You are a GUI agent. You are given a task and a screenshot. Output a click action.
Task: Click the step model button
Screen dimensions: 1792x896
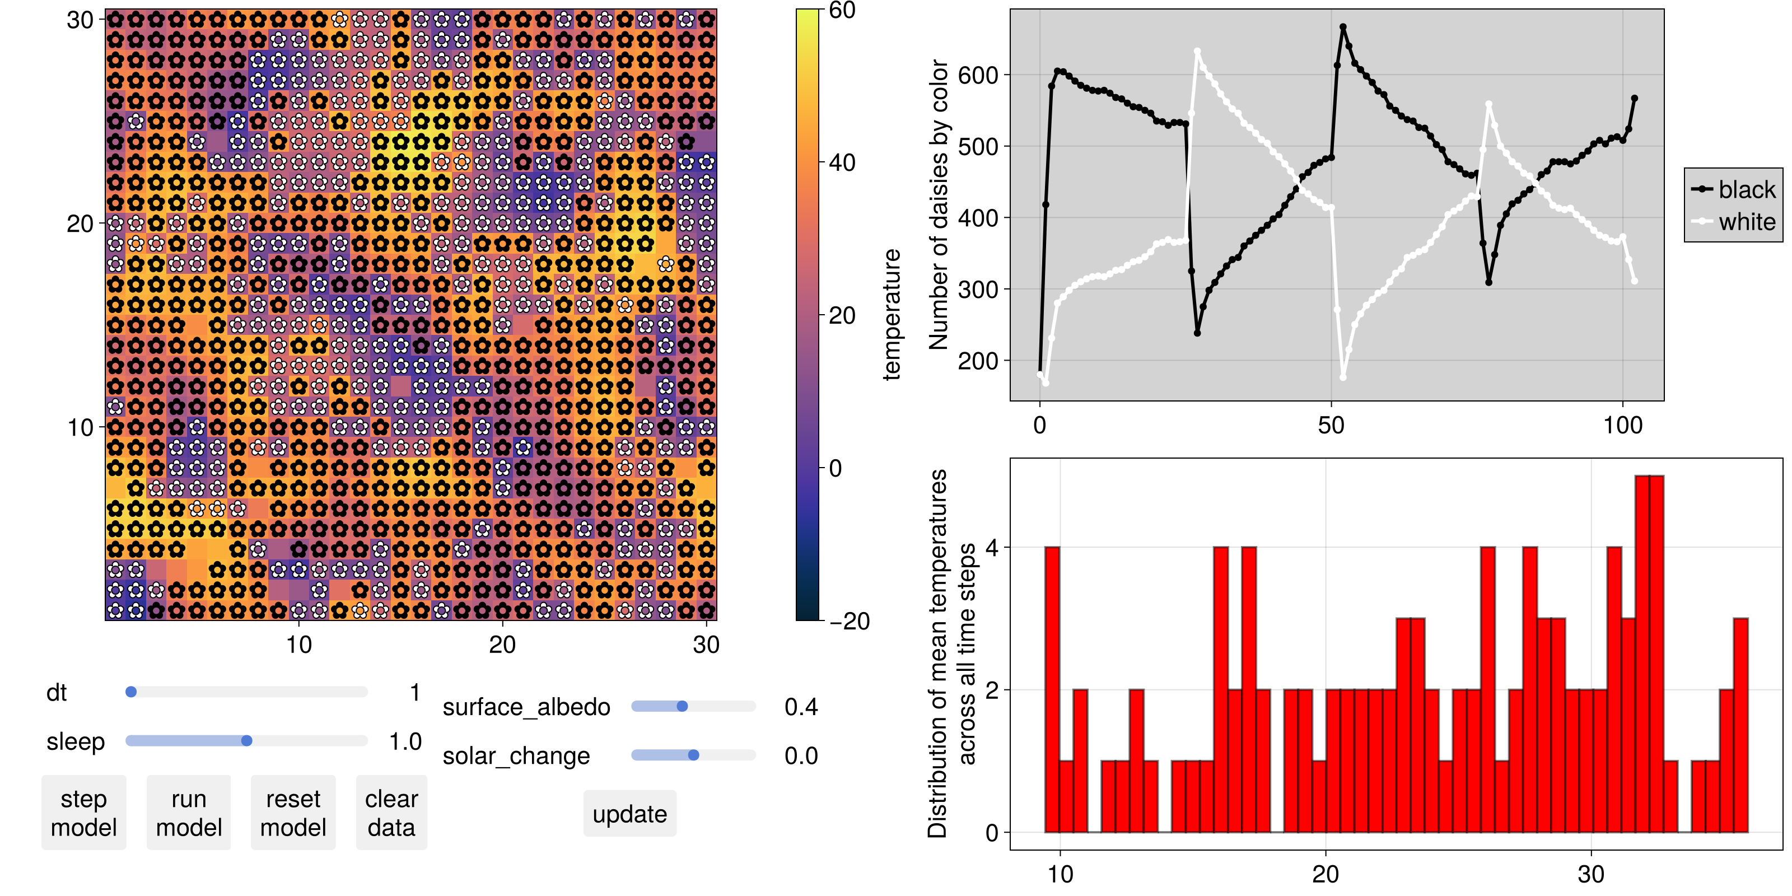coord(83,813)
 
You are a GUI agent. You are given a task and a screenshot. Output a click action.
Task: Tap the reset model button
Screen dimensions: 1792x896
coord(293,813)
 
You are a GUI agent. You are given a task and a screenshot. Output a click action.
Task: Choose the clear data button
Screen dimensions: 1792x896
coord(391,813)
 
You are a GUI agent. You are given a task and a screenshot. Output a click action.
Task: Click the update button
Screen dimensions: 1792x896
coord(629,813)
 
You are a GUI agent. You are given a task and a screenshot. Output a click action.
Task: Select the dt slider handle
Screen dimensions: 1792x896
coord(131,692)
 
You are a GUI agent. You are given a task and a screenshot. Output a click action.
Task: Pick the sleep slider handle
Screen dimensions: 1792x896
coord(246,740)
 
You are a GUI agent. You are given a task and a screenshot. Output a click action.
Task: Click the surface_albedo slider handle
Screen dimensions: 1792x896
coord(682,706)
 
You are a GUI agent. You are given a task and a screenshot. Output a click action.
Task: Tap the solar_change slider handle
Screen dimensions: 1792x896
coord(694,755)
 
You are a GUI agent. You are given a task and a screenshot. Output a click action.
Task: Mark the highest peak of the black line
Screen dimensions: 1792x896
coord(1343,27)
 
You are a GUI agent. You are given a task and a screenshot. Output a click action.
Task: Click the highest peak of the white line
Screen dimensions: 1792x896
coord(1197,51)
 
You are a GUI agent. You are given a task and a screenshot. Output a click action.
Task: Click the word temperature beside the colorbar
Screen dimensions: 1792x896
coord(891,314)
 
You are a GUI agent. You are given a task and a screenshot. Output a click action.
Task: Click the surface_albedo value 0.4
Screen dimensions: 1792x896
coord(801,707)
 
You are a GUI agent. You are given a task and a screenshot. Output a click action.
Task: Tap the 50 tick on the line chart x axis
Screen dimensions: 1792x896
coord(1331,425)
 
